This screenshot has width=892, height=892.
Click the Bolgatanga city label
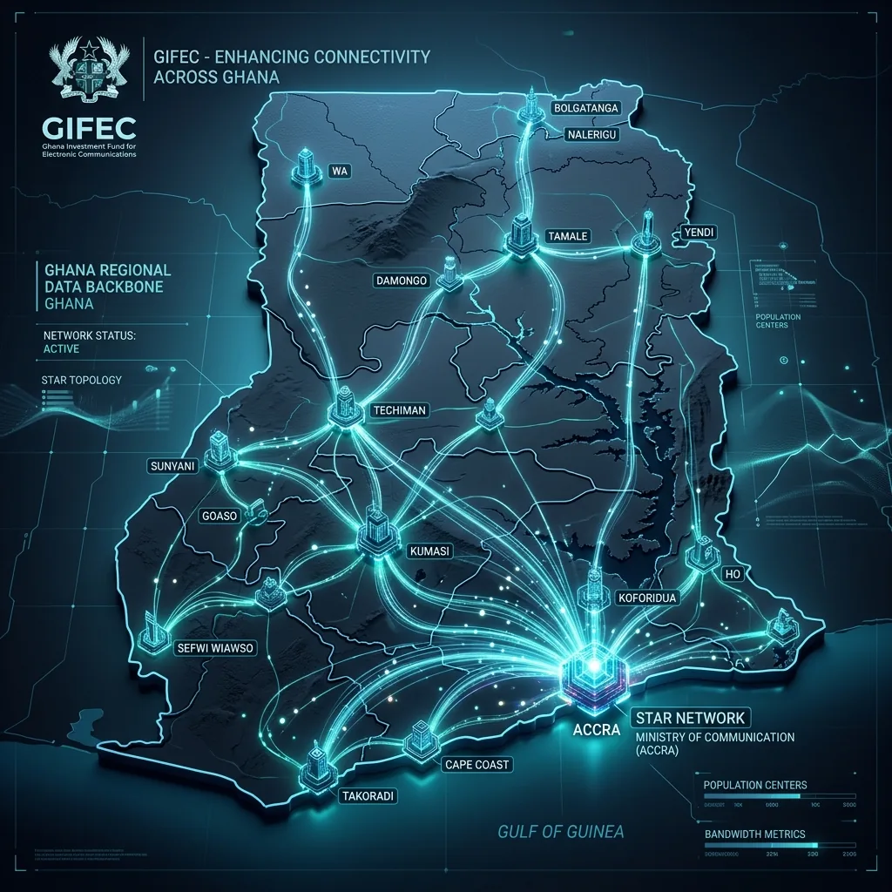pyautogui.click(x=585, y=109)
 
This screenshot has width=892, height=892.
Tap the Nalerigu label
pyautogui.click(x=592, y=135)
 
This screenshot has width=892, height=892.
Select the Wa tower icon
pyautogui.click(x=305, y=167)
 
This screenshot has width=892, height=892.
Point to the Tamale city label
pyautogui.click(x=567, y=236)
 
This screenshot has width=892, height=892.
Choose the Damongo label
pyautogui.click(x=402, y=280)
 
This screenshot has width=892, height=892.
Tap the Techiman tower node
pyautogui.click(x=346, y=408)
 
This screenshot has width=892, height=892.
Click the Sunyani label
pyautogui.click(x=173, y=467)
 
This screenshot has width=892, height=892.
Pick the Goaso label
pyautogui.click(x=219, y=516)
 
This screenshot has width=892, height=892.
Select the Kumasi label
pyautogui.click(x=429, y=551)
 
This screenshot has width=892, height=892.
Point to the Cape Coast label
pyautogui.click(x=476, y=765)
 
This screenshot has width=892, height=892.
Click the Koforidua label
pyautogui.click(x=647, y=598)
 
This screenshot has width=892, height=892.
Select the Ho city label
pyautogui.click(x=731, y=574)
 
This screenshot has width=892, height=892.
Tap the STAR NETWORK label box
pyautogui.click(x=690, y=718)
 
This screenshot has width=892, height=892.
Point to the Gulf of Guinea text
pyautogui.click(x=560, y=831)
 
